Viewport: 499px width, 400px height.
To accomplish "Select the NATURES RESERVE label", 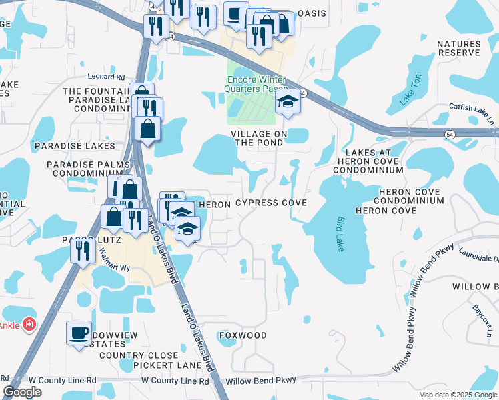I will pyautogui.click(x=458, y=48).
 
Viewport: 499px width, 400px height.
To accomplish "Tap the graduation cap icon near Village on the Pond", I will pyautogui.click(x=288, y=102).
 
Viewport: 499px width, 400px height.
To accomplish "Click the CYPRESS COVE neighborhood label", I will pyautogui.click(x=271, y=203).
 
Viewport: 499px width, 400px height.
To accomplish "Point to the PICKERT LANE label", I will pyautogui.click(x=163, y=365).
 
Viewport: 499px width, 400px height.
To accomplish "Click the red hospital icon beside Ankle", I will pyautogui.click(x=29, y=325).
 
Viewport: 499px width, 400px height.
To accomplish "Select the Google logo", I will pyautogui.click(x=22, y=392).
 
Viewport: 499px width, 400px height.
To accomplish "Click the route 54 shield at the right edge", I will pyautogui.click(x=450, y=134).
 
